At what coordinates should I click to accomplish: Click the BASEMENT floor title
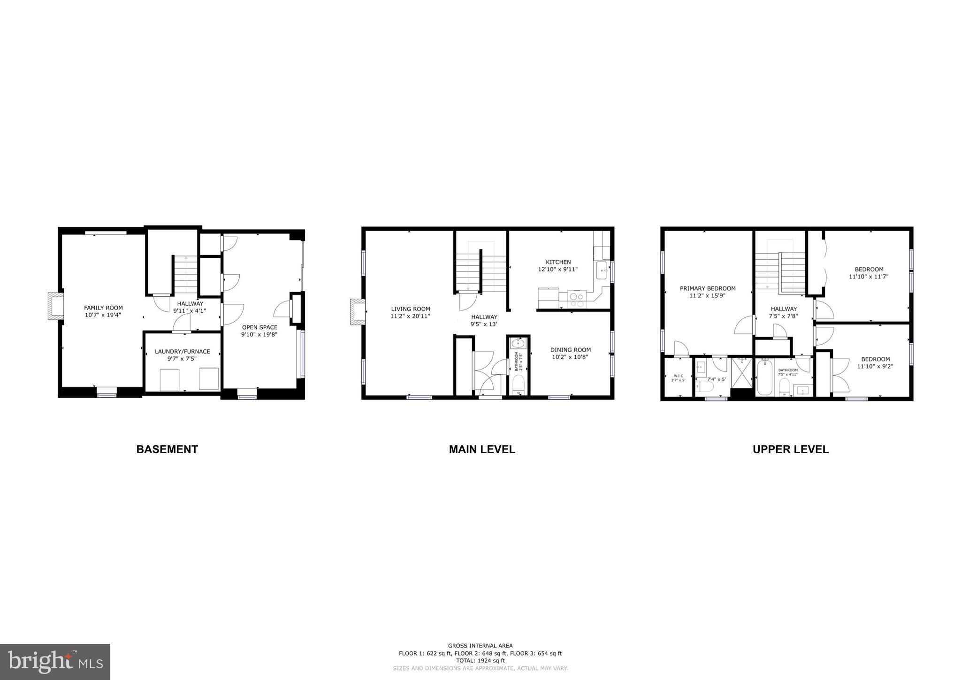[167, 449]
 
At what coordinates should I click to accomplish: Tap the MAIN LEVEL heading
[482, 449]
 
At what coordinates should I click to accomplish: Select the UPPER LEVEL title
[791, 449]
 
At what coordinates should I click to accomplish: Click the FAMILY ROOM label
[103, 308]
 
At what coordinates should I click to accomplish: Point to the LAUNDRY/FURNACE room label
[183, 352]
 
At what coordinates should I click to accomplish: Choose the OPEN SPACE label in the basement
[259, 327]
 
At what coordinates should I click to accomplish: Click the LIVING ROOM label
[411, 309]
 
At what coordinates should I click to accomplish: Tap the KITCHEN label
[558, 262]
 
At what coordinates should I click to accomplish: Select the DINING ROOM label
[571, 350]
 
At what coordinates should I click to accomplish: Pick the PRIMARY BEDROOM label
[708, 288]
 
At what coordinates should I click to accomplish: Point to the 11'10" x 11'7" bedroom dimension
[869, 277]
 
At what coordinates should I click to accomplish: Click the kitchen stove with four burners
[577, 299]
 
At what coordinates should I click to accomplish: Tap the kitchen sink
[601, 270]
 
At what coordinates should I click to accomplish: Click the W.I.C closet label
[679, 376]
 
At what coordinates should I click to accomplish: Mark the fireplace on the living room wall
[358, 312]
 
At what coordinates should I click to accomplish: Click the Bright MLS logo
[55, 662]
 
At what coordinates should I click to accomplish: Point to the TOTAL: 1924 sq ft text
[480, 660]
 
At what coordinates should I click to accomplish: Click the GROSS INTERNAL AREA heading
[480, 646]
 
